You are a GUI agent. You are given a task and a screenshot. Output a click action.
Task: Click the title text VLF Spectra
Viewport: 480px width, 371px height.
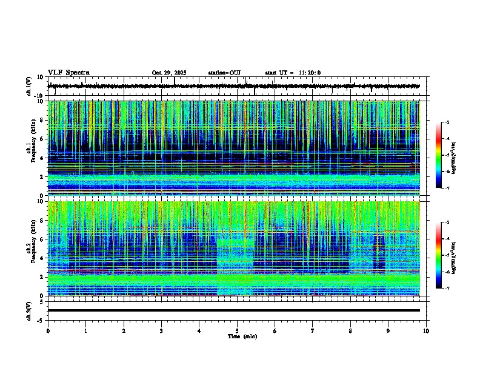[68, 73]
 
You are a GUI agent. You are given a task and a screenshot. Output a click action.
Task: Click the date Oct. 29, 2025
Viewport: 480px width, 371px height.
[169, 73]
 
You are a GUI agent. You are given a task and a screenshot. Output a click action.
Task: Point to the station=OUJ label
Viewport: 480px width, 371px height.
[224, 73]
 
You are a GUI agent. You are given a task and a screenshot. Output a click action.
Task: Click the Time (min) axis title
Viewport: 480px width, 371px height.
[242, 336]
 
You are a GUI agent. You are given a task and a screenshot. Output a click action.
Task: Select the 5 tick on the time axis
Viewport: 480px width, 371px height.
[237, 331]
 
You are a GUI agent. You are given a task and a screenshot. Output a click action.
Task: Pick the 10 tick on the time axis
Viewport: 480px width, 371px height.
[426, 331]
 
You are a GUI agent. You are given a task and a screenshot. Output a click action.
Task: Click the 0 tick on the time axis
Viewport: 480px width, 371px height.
[48, 331]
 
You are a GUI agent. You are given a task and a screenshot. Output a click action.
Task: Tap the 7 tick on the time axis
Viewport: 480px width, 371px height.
[313, 331]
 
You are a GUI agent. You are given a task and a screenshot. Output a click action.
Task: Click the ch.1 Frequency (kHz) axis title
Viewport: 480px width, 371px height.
[30, 149]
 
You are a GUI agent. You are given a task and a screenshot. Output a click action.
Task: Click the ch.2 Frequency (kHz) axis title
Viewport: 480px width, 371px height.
[30, 249]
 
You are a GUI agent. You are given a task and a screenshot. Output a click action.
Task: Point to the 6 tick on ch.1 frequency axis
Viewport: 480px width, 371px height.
[41, 139]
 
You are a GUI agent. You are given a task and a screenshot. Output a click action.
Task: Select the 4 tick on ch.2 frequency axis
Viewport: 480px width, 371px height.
[41, 258]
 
